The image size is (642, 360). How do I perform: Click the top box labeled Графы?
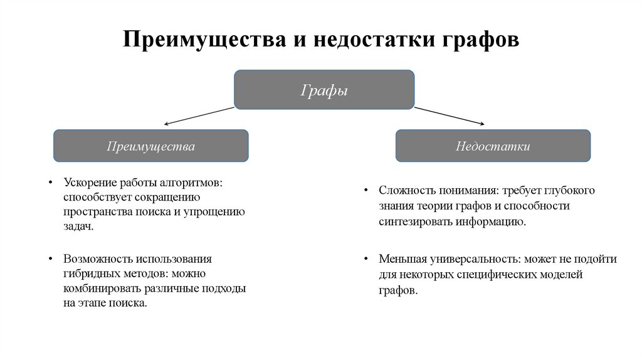[x=324, y=90]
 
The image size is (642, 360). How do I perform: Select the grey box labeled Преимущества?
[x=150, y=147]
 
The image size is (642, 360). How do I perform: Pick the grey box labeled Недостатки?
[x=493, y=147]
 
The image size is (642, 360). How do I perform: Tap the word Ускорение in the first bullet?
[x=87, y=183]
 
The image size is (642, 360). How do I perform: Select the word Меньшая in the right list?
[x=399, y=260]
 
